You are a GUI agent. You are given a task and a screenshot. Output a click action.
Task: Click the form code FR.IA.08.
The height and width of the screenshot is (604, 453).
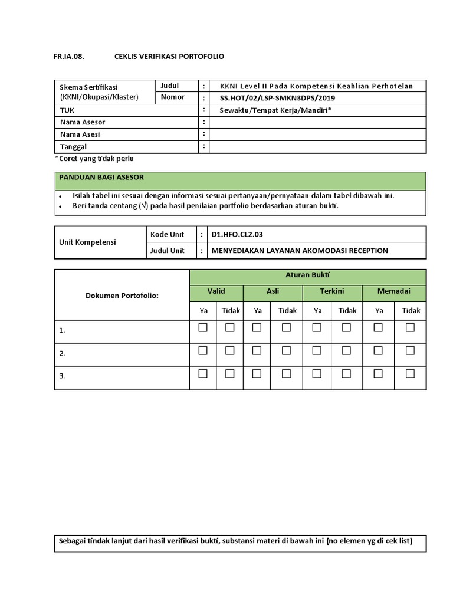(x=70, y=57)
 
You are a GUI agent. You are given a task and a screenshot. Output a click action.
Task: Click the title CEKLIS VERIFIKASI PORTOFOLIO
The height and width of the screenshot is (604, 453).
(x=169, y=57)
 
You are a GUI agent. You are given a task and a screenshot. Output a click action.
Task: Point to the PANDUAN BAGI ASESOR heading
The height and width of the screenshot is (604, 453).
(x=101, y=177)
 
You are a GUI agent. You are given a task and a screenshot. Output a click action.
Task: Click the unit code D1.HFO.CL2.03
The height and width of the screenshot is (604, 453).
(x=237, y=234)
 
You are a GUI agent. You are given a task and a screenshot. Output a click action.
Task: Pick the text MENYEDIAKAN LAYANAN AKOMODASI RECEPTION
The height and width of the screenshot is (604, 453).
(x=300, y=251)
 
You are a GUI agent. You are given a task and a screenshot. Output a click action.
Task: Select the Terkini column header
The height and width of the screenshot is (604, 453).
(x=332, y=291)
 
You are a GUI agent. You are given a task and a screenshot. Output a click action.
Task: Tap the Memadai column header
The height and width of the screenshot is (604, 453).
(x=393, y=291)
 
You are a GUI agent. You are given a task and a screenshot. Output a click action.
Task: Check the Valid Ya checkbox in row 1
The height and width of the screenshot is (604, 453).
(x=203, y=328)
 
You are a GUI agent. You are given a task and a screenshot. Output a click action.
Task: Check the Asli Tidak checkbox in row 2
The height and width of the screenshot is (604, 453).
(x=286, y=350)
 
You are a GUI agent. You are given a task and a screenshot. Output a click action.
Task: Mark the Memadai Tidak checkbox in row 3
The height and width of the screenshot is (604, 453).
(x=410, y=373)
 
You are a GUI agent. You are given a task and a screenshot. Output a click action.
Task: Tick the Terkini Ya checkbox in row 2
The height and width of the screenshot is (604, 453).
(x=317, y=350)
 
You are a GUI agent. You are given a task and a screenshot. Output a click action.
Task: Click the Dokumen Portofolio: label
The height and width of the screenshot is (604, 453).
(x=122, y=295)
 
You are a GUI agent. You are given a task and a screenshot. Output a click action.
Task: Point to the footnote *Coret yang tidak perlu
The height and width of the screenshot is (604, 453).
(x=94, y=159)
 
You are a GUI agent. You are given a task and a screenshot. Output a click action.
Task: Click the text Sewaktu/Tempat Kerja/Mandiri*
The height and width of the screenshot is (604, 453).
(x=275, y=110)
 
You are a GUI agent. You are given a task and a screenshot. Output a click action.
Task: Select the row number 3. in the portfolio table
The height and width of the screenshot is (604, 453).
(x=62, y=376)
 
